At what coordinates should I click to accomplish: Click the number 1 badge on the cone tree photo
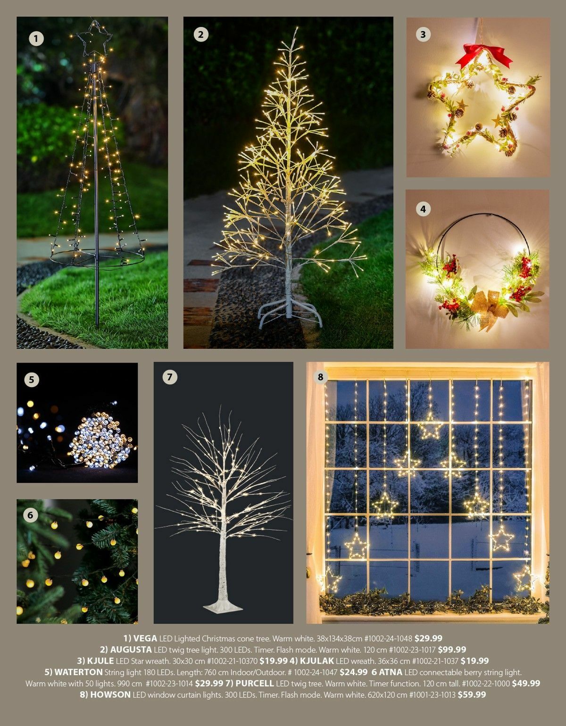[x=36, y=39]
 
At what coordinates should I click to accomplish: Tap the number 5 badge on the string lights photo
[x=32, y=379]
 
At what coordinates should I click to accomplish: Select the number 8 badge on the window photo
[x=320, y=377]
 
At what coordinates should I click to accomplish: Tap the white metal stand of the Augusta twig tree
[x=290, y=313]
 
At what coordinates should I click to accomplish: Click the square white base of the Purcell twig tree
[x=223, y=605]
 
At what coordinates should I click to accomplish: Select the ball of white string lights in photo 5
[x=100, y=440]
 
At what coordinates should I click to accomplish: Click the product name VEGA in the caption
[x=145, y=638]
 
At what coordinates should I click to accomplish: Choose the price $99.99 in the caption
[x=452, y=650]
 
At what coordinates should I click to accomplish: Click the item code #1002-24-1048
[x=388, y=638]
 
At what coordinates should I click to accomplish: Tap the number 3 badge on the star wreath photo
[x=423, y=34]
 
